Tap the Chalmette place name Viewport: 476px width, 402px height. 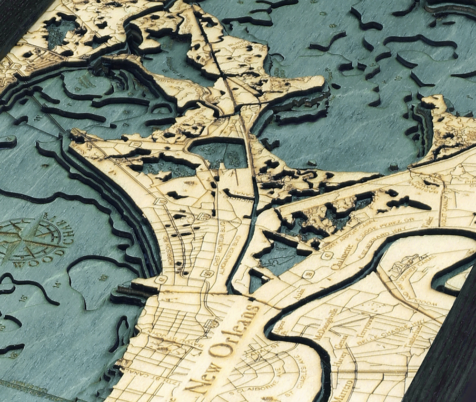[x=342, y=257]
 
